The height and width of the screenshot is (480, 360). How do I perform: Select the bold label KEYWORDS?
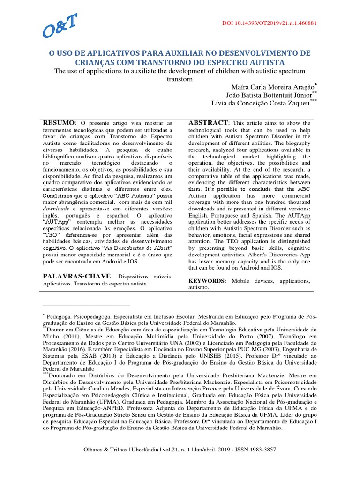coord(207,280)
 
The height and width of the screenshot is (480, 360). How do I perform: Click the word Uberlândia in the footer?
coord(138,450)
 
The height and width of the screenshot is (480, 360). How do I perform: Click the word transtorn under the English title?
coord(180,79)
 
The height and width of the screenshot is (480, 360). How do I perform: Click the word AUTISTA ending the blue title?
coord(267,62)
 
